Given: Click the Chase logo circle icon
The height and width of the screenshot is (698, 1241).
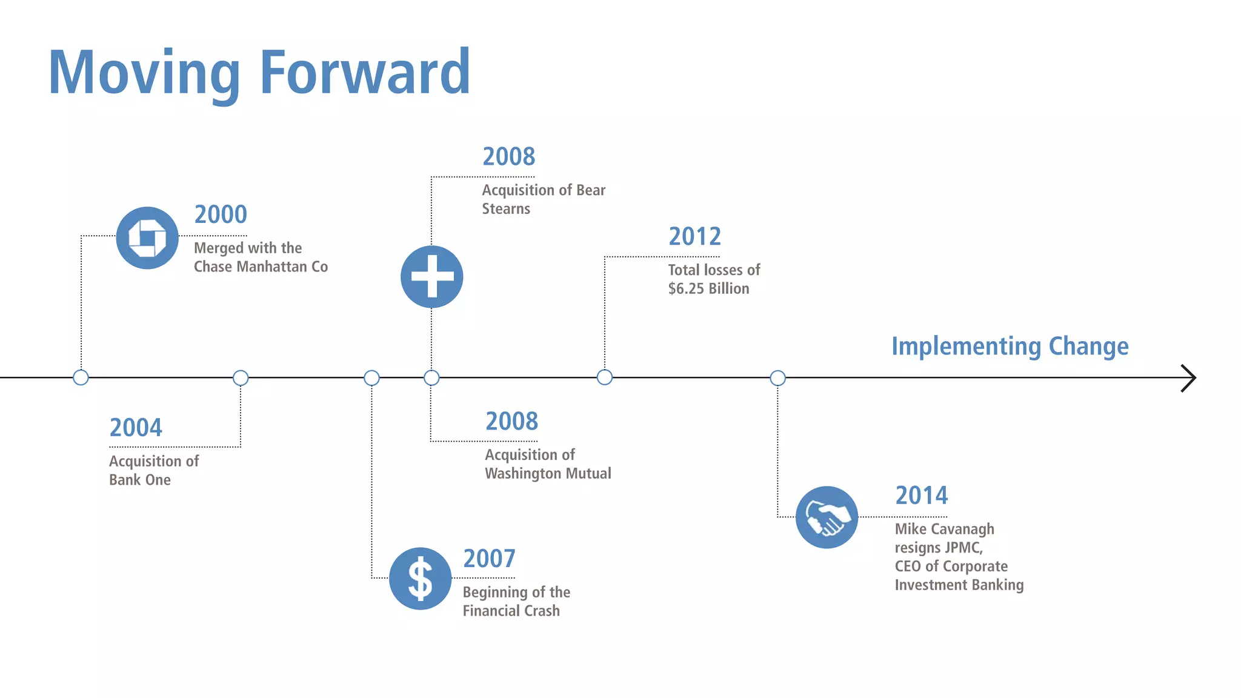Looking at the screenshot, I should click(147, 238).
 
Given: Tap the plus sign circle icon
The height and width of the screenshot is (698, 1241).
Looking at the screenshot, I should click(431, 277).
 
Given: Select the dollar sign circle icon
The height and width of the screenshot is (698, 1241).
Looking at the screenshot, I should click(420, 579).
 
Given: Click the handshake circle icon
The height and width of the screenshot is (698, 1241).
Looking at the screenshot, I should click(827, 517).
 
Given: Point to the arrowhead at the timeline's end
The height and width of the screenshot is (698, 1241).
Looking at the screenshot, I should click(1189, 378).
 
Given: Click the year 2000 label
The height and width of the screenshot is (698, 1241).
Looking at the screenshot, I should click(221, 214).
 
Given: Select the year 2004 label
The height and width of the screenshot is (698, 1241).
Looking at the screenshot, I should click(136, 428).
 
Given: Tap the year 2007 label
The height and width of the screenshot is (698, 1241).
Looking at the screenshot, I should click(489, 559).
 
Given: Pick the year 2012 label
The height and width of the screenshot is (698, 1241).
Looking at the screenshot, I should click(694, 236).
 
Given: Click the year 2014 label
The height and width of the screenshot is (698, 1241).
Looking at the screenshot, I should click(921, 496).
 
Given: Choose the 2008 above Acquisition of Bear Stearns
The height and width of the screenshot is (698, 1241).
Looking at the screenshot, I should click(508, 157).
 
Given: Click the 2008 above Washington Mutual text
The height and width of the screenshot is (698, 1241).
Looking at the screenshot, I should click(511, 421).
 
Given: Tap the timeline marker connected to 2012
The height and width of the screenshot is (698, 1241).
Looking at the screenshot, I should click(604, 377).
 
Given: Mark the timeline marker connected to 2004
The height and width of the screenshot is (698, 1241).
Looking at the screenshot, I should click(241, 378).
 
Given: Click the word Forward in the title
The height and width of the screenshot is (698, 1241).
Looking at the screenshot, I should click(365, 73).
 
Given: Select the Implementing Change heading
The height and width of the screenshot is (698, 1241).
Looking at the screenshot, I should click(1010, 347).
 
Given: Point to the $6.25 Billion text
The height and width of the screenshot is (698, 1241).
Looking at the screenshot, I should click(708, 288).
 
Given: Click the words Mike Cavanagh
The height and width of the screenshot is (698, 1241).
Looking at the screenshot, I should click(944, 529).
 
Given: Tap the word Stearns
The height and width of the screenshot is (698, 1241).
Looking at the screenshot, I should click(506, 209).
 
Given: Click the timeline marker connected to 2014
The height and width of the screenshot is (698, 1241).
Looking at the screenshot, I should click(777, 378).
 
